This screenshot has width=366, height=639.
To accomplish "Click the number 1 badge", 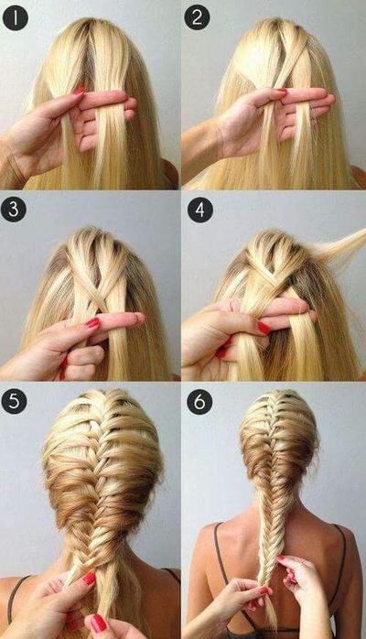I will click(x=15, y=16).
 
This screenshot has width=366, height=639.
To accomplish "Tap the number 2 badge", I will click(x=198, y=16).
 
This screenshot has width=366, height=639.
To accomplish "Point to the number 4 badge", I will click(x=199, y=209).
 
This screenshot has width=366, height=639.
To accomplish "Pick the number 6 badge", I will click(x=199, y=400).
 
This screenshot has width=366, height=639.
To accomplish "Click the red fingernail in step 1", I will click(x=79, y=91).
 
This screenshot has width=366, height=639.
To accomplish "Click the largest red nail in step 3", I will click(x=92, y=323).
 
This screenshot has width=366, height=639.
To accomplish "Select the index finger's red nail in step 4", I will click(x=264, y=327).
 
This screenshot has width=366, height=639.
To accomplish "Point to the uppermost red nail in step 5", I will click(x=90, y=579).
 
